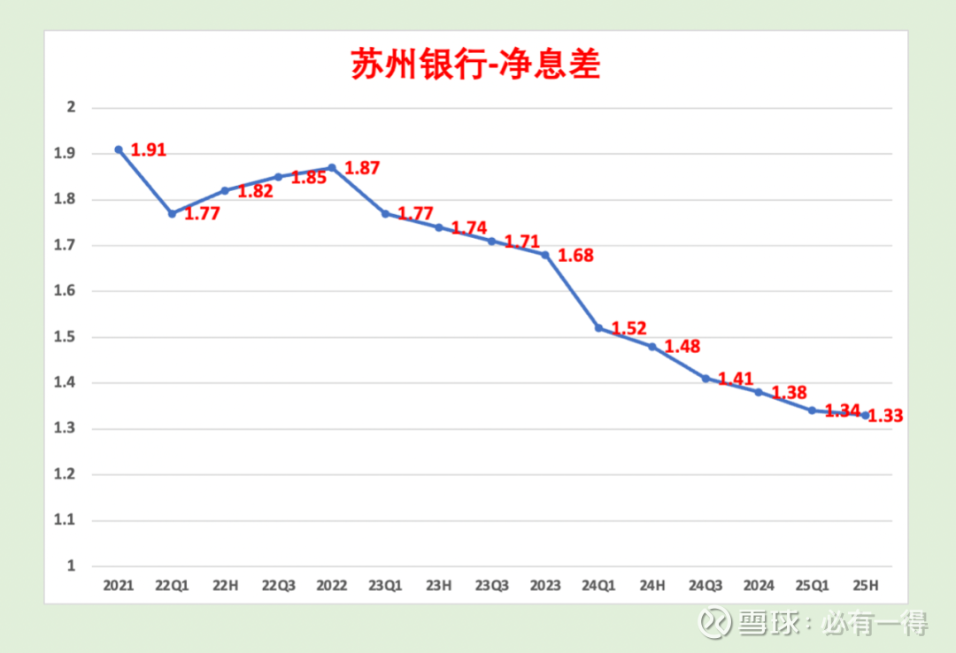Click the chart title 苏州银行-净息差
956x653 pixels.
[x=475, y=65]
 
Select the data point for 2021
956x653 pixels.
[x=119, y=150]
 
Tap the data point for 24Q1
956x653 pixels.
[x=598, y=328]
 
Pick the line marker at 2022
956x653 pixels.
[x=332, y=167]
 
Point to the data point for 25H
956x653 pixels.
[x=865, y=415]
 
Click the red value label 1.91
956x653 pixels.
[x=149, y=150]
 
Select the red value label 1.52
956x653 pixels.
[x=628, y=328]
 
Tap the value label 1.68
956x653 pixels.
[x=575, y=256]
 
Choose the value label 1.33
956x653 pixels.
[x=885, y=416]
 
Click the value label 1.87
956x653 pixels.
[x=361, y=168]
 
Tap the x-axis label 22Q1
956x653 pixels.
[x=172, y=586]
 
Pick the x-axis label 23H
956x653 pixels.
[x=438, y=586]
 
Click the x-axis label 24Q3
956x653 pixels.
[x=705, y=586]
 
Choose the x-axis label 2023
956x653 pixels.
[x=545, y=586]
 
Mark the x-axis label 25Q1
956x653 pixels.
[x=812, y=586]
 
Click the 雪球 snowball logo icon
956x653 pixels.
[x=715, y=622]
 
